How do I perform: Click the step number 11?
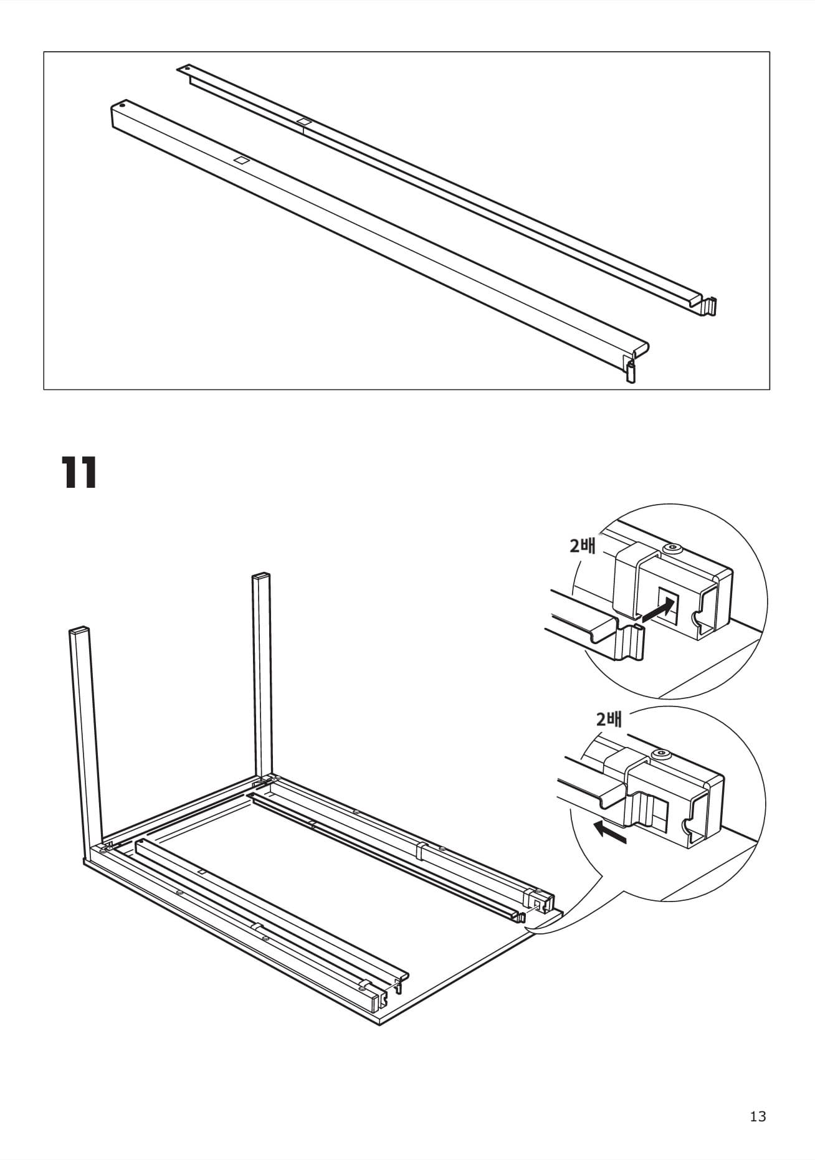(79, 473)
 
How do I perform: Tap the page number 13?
(758, 1116)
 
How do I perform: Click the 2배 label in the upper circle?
(583, 545)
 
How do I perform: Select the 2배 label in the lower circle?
(609, 720)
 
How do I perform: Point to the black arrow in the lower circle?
(610, 832)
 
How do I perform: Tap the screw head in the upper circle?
(672, 548)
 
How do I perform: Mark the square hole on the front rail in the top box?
(241, 160)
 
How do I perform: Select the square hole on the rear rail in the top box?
(303, 121)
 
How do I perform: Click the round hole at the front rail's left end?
(122, 105)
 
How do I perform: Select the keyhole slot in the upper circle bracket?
(697, 617)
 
